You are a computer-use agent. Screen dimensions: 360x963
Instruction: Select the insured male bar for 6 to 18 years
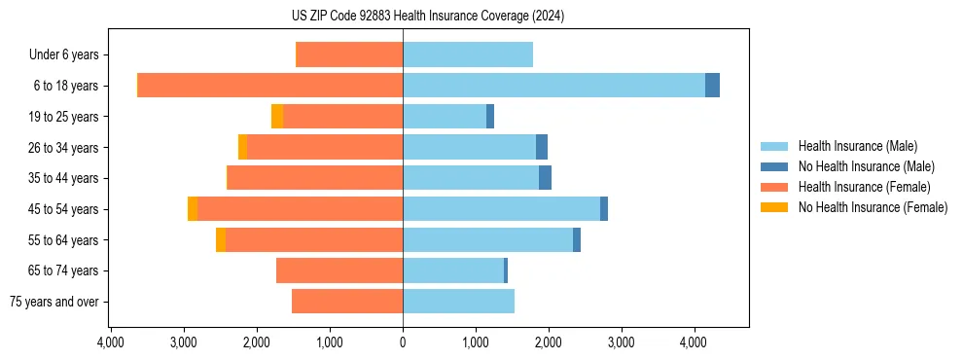[x=553, y=86]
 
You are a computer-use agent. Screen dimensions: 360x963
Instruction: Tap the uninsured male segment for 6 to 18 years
[x=713, y=86]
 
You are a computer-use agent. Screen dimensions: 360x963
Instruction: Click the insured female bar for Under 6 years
[x=349, y=54]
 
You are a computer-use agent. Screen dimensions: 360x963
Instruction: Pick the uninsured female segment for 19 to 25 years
[x=277, y=117]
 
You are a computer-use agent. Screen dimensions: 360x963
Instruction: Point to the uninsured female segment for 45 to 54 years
[x=193, y=209]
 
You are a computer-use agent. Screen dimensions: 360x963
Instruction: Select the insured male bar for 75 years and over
[x=458, y=302]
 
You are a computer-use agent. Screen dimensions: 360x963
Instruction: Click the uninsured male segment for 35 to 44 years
[x=546, y=178]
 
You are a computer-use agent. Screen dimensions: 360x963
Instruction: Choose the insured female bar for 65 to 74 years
[x=339, y=270]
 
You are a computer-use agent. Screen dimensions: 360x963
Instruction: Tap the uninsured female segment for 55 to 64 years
[x=221, y=240]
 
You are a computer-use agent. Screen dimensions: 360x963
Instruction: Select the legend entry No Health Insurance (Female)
[x=873, y=207]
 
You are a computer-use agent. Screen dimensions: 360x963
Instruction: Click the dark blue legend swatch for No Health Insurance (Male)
[x=774, y=167]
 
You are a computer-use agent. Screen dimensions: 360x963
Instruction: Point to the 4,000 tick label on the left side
[x=111, y=342]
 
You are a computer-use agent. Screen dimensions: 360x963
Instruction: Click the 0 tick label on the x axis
[x=403, y=342]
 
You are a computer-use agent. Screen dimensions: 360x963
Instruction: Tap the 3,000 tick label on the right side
[x=622, y=342]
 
